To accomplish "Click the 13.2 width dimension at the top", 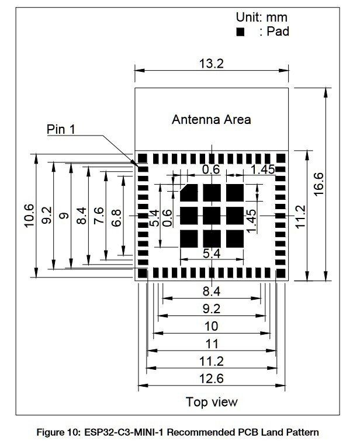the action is click(212, 64).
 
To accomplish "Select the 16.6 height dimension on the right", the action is click(319, 184).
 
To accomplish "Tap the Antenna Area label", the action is click(212, 120).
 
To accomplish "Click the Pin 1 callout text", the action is click(61, 129).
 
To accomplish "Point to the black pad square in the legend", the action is click(240, 32).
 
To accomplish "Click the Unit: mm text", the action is click(261, 18).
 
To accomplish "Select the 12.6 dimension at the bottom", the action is click(212, 379).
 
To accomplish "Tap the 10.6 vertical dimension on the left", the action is click(29, 216).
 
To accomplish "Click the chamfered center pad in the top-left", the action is click(189, 193).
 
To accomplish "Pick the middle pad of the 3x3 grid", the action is click(212, 216).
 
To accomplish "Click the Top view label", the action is click(212, 402).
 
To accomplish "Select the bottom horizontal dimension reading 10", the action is click(212, 326).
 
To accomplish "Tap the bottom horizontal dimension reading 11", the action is click(212, 344).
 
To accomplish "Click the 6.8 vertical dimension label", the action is click(116, 218).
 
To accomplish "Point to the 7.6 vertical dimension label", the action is click(99, 216).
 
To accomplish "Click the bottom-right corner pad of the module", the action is click(281, 273).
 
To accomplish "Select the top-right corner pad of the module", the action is click(281, 158).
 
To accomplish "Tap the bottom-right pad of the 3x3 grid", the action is click(235, 239).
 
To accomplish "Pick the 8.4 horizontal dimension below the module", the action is click(212, 291).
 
